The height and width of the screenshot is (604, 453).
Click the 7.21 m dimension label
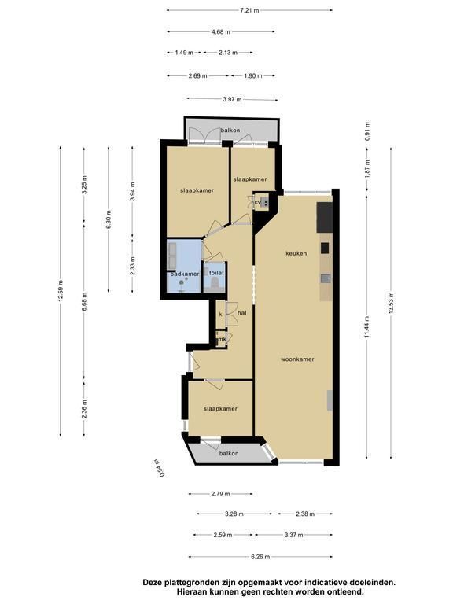249,10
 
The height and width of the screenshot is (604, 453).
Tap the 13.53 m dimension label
391,303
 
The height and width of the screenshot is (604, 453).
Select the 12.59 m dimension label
61,292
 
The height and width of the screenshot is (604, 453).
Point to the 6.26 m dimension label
260,557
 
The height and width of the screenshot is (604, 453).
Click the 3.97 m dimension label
232,99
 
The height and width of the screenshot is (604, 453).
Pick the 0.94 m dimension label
159,469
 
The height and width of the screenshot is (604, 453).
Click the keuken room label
296,253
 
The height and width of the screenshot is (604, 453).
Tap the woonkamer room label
297,359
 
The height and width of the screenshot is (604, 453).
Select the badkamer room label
185,274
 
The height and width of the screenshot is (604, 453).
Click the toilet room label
216,273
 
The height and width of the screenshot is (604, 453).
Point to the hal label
242,313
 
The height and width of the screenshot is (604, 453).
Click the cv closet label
258,202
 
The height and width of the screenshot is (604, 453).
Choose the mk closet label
222,340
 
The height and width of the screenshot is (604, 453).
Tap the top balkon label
230,131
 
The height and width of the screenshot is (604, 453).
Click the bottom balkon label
229,453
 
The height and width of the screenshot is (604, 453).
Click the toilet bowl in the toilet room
214,284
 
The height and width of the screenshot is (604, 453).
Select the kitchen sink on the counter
326,278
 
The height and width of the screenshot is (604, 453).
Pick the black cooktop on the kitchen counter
325,248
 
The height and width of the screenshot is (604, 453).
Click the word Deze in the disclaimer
152,583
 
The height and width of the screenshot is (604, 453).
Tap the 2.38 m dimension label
305,514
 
